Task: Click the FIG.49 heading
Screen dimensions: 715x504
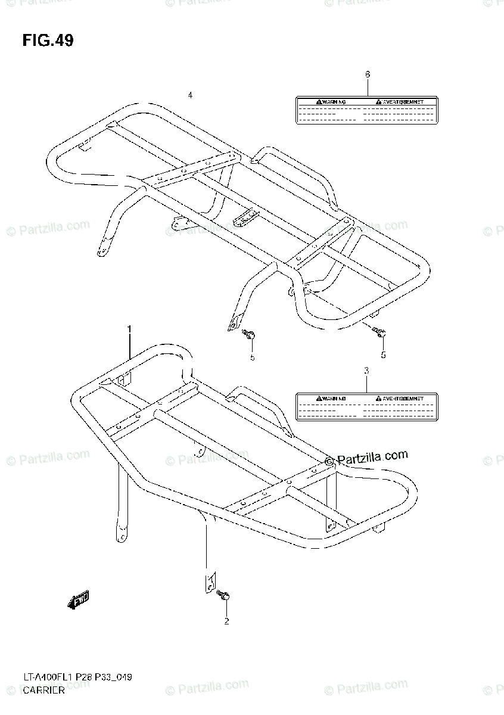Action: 48,41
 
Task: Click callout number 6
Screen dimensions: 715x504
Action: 367,74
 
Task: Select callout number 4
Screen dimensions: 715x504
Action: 190,95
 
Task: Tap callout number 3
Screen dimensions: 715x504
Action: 366,370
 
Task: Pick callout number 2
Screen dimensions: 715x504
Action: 226,622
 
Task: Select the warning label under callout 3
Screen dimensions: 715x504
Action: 366,408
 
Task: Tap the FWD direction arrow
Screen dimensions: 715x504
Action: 78,602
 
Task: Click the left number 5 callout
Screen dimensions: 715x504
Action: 252,357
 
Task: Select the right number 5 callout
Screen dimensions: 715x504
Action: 383,355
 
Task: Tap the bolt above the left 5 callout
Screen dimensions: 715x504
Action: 250,336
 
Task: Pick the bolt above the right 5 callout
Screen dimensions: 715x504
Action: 379,332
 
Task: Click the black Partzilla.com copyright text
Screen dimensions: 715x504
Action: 366,457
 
